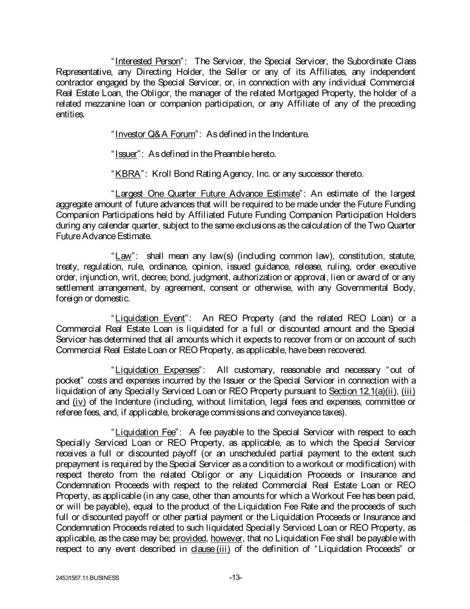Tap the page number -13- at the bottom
[x=235, y=577]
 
